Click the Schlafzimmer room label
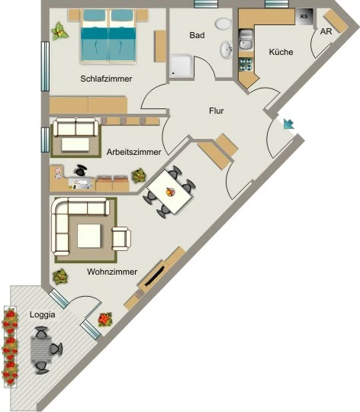[106, 79]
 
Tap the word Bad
[197, 35]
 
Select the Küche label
[281, 52]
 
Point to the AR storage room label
[326, 31]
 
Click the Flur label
[217, 111]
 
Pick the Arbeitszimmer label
[133, 152]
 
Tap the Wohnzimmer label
[112, 272]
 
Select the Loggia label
[43, 314]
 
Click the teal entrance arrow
[288, 124]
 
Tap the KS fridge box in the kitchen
[304, 17]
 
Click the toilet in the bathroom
[223, 24]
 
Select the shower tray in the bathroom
[181, 66]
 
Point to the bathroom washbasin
[226, 50]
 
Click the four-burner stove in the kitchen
[246, 64]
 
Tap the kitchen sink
[246, 40]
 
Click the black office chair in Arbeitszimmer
[81, 170]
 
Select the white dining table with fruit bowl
[170, 192]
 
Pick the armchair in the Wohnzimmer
[121, 239]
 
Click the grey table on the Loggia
[41, 350]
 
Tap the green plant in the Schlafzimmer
[59, 31]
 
